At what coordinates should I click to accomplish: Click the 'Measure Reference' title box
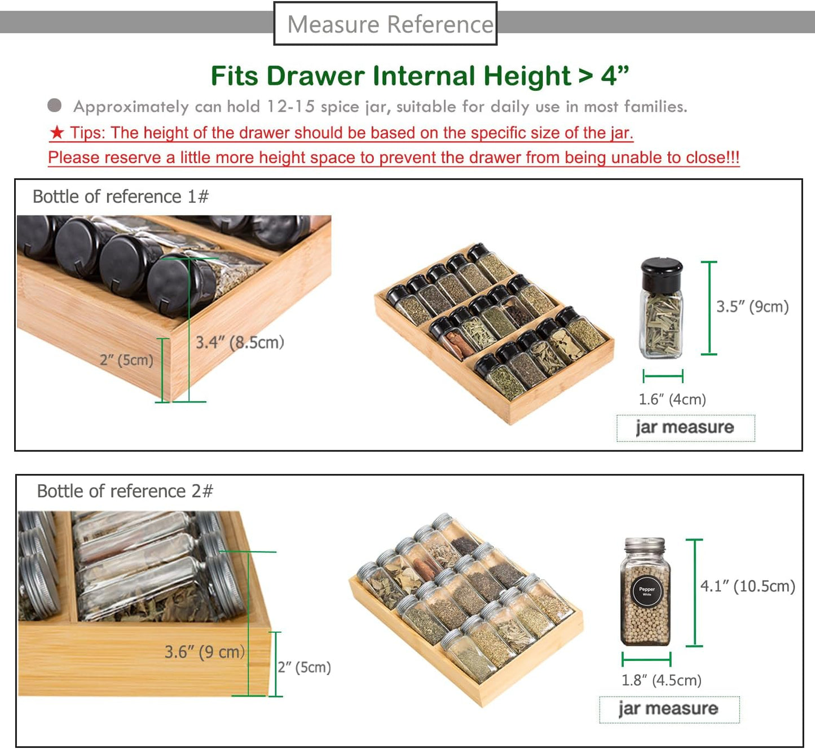(x=385, y=24)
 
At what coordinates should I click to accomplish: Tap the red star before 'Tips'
(x=57, y=132)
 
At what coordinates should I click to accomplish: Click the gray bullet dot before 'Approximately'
(x=55, y=106)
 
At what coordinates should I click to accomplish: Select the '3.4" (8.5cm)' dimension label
(x=240, y=343)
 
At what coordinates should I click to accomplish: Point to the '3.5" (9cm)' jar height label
(x=752, y=306)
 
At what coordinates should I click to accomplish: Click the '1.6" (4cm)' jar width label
(x=672, y=399)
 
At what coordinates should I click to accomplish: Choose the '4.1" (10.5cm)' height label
(x=747, y=586)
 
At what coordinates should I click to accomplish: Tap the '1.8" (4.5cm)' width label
(x=662, y=680)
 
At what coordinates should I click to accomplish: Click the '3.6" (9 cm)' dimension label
(x=204, y=652)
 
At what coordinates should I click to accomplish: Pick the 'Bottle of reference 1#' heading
(x=121, y=197)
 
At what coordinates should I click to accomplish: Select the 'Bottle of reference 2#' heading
(x=125, y=491)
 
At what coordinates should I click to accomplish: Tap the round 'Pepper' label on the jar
(x=647, y=591)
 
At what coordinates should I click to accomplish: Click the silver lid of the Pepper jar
(x=645, y=545)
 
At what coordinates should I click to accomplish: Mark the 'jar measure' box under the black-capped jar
(x=686, y=428)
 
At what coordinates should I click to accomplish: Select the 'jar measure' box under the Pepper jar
(x=669, y=710)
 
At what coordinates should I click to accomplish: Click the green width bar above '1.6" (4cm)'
(x=663, y=376)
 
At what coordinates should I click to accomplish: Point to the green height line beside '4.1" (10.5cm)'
(x=695, y=593)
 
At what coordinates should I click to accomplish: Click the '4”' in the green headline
(x=615, y=76)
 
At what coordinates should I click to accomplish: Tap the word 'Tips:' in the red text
(x=88, y=133)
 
